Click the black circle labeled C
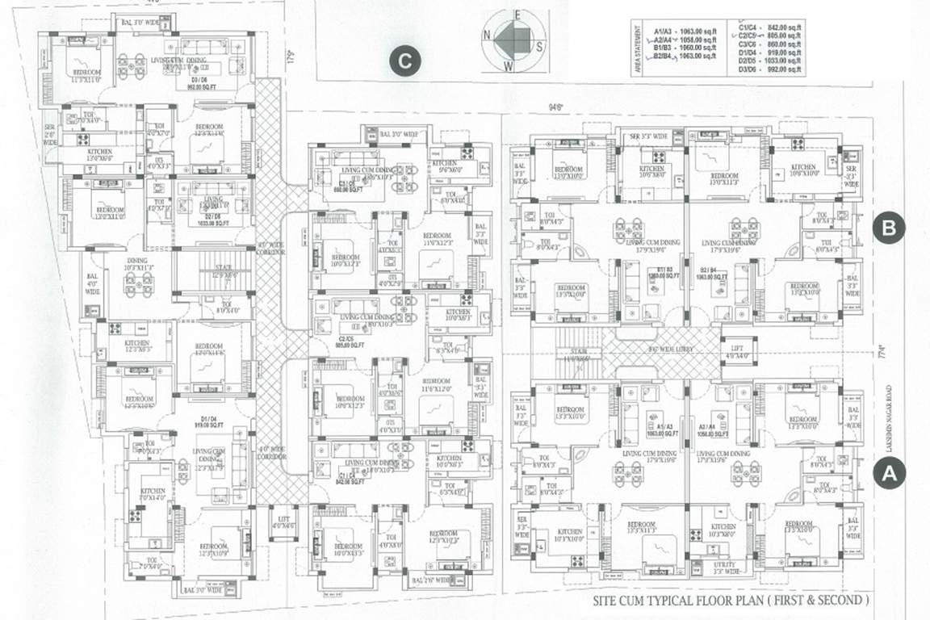pyautogui.click(x=405, y=61)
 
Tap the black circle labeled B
pyautogui.click(x=889, y=228)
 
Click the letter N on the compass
pyautogui.click(x=488, y=35)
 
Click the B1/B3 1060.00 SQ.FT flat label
pyautogui.click(x=665, y=273)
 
